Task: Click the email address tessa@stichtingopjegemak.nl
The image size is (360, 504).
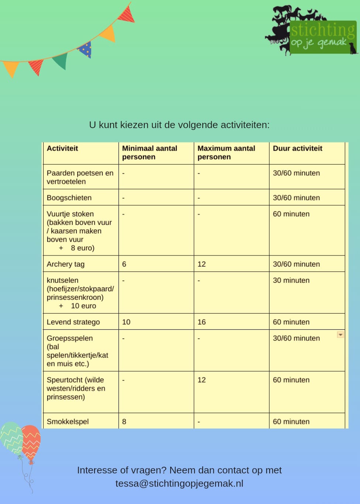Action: [x=179, y=483]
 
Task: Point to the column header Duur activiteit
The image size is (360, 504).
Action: [x=297, y=148]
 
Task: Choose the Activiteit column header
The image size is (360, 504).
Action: [x=62, y=148]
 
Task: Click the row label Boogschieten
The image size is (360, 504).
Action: [x=69, y=198]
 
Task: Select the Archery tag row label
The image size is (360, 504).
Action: [x=66, y=264]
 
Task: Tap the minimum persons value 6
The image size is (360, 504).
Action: [x=124, y=264]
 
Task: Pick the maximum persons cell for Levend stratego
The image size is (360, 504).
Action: [x=202, y=322]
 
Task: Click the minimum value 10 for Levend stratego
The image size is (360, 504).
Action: [x=126, y=322]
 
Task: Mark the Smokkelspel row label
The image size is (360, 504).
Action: [x=68, y=421]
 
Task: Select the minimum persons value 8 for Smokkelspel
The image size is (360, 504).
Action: [x=124, y=421]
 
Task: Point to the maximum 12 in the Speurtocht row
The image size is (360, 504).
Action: [x=202, y=380]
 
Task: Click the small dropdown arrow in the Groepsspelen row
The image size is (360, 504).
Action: [x=340, y=335]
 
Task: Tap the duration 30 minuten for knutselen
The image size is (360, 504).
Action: [x=291, y=280]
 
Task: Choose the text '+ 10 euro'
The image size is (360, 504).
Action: [x=78, y=306]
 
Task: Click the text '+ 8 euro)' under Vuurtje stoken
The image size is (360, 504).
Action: [x=77, y=248]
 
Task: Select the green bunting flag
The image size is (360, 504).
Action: [x=61, y=61]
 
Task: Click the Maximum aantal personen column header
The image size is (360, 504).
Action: [x=226, y=152]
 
